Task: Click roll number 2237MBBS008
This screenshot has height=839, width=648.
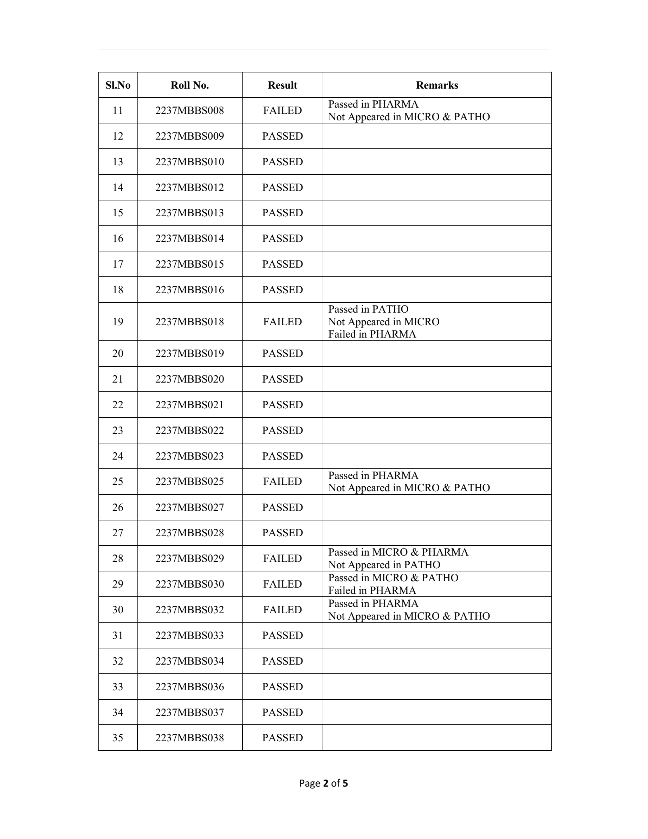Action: coord(190,111)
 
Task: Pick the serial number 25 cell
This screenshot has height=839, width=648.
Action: coord(118,481)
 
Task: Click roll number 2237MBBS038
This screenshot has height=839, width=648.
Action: coord(190,738)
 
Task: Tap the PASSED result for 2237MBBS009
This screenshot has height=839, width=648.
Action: coord(283,136)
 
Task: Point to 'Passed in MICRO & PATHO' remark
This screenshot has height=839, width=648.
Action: coord(393,578)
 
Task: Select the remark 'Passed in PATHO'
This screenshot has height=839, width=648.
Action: coord(368,309)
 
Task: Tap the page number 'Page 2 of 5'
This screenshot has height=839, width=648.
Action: coord(324,783)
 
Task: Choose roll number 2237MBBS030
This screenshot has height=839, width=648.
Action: coord(190,584)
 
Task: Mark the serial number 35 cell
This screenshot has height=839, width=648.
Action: coord(118,738)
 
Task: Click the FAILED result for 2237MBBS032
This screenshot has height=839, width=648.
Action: coord(283,610)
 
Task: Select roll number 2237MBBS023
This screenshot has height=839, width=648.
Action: coord(190,456)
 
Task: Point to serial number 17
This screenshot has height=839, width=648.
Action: coord(118,264)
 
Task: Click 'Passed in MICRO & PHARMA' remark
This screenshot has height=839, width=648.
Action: coord(398,552)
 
